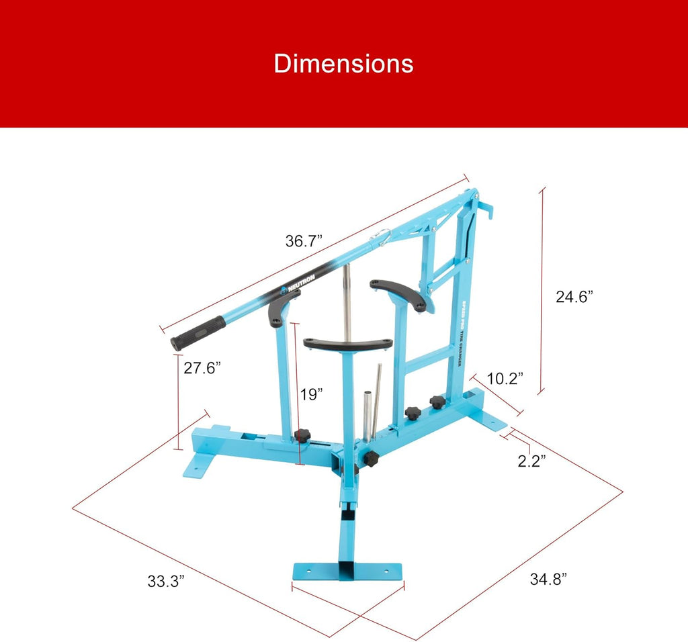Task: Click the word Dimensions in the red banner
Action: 343,64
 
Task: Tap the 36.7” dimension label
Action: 304,240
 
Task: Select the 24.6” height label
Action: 574,297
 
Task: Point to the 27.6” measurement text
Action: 202,368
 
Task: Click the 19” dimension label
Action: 312,394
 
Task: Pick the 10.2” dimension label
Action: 505,379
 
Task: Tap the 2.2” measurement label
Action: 532,461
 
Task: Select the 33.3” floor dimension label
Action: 166,582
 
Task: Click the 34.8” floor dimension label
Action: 548,580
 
